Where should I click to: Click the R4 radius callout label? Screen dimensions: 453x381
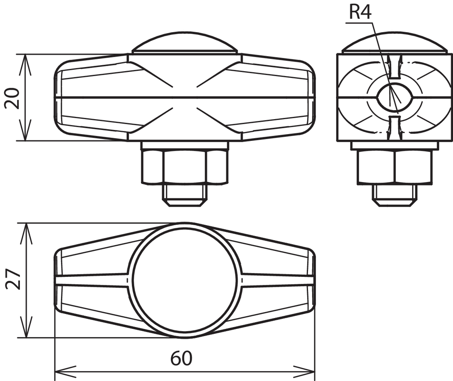(x=360, y=12)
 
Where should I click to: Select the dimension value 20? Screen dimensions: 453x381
(x=12, y=98)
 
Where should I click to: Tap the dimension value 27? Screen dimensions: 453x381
(x=13, y=279)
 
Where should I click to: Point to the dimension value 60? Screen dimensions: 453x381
(x=181, y=358)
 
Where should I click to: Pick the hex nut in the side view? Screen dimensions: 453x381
(x=395, y=167)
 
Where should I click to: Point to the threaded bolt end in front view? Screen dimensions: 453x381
(x=185, y=195)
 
